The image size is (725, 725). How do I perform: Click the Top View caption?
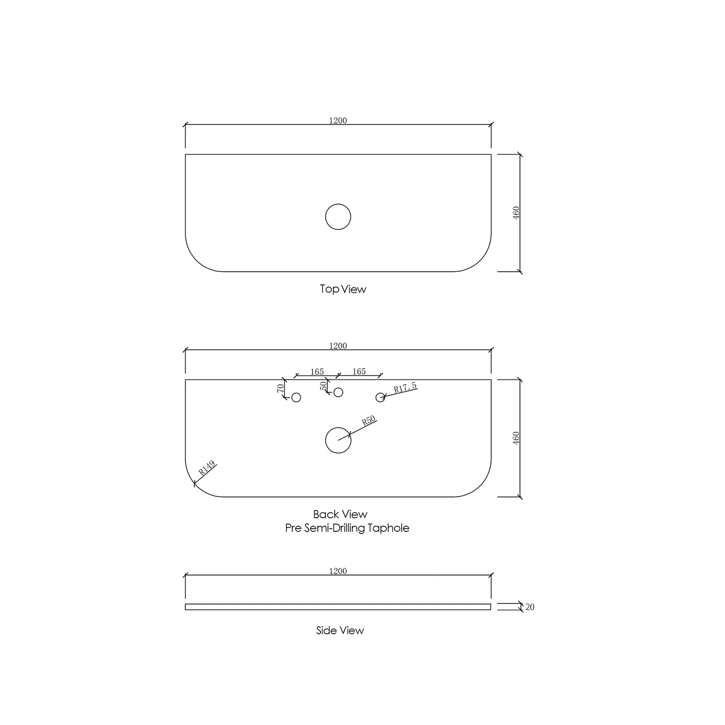tap(343, 289)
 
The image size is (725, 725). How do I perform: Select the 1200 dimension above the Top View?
tap(338, 120)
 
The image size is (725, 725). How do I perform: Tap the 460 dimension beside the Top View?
tap(516, 213)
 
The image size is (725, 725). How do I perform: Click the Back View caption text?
tap(340, 514)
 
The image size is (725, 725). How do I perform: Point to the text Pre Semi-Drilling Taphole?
tap(347, 528)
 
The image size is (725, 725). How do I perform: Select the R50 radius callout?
tap(369, 421)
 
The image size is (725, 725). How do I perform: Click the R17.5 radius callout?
tap(405, 387)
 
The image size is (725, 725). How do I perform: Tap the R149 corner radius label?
tap(207, 468)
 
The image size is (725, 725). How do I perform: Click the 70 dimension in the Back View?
tap(281, 388)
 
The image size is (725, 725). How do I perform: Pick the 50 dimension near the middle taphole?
tap(323, 386)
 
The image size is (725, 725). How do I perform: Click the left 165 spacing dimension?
tap(317, 372)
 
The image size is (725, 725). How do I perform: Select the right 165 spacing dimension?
tap(359, 371)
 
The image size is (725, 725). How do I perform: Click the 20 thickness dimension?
tap(530, 607)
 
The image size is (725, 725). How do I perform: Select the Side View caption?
tap(340, 630)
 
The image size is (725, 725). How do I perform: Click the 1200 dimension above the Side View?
tap(338, 571)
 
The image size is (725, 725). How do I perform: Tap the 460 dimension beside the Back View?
tap(516, 438)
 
